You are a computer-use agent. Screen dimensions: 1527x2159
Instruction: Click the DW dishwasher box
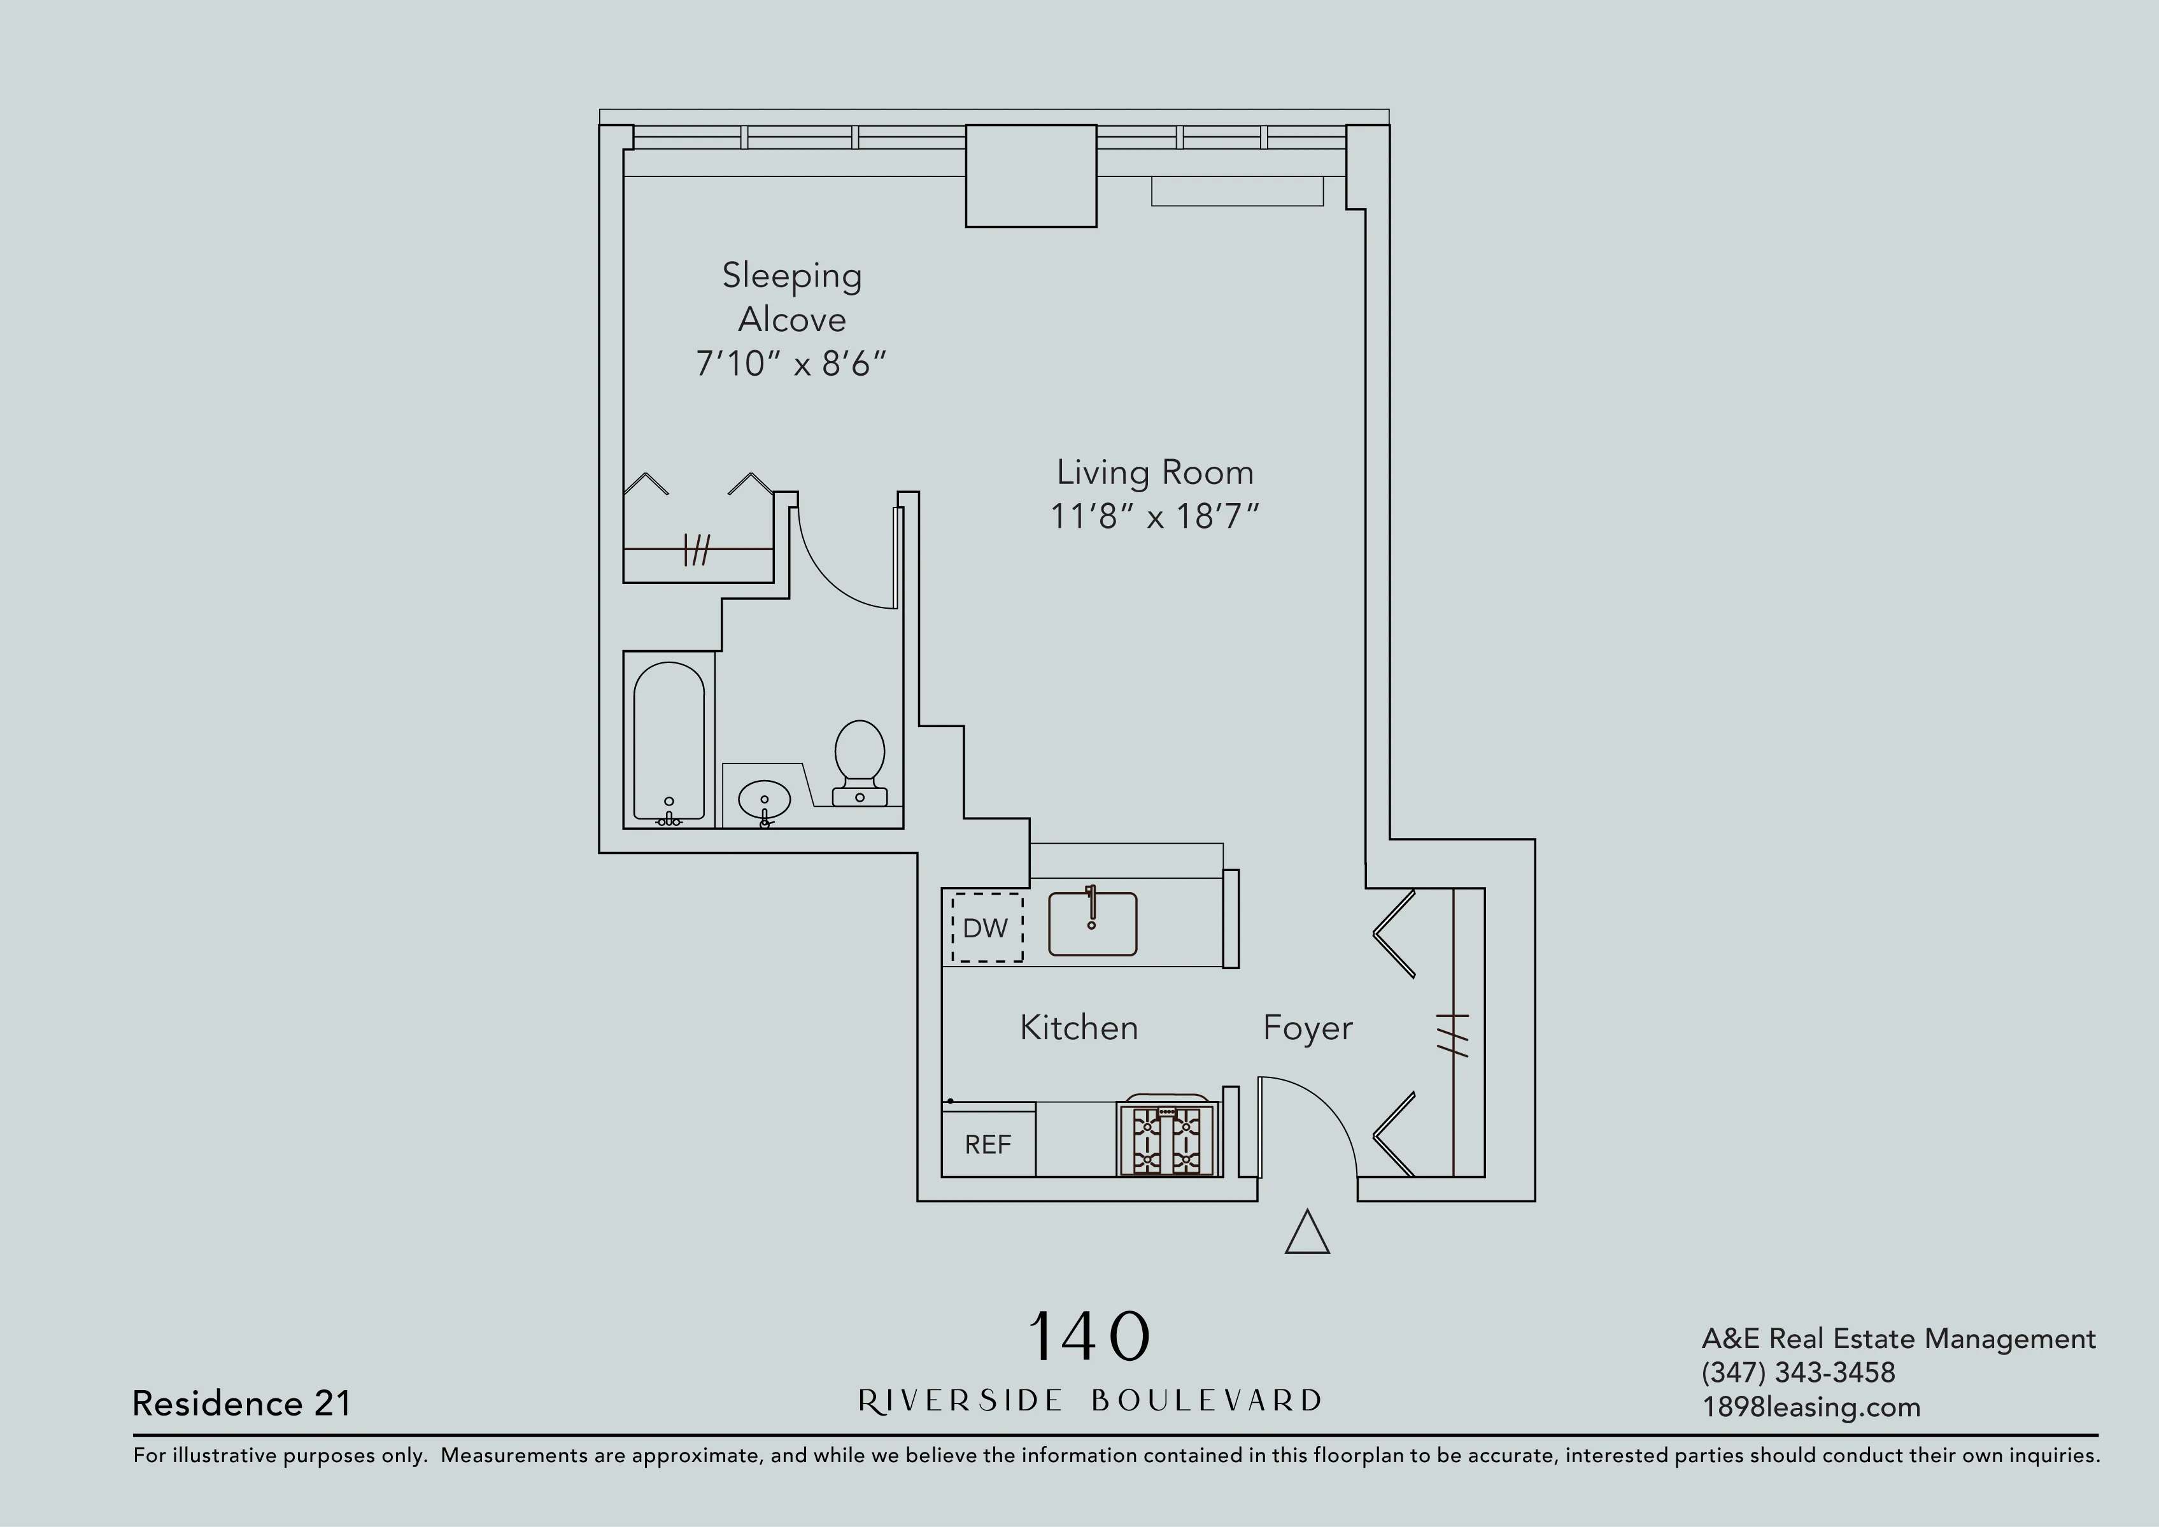tap(986, 927)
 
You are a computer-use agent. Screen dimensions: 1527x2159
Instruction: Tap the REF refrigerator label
tap(987, 1144)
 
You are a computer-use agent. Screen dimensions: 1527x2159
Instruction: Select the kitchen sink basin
tap(1092, 924)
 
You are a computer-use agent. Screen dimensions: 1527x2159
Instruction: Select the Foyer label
tap(1307, 1028)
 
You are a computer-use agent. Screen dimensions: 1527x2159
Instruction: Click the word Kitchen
tap(1079, 1028)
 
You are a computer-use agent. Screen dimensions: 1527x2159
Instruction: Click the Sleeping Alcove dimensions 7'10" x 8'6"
tap(790, 364)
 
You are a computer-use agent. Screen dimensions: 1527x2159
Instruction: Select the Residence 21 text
tap(242, 1403)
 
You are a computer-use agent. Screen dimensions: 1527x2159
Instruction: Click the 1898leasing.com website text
tap(1810, 1407)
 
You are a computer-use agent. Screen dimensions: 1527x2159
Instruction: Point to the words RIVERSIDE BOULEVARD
tap(1089, 1401)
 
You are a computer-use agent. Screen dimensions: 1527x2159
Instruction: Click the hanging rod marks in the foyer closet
tap(1454, 1034)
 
